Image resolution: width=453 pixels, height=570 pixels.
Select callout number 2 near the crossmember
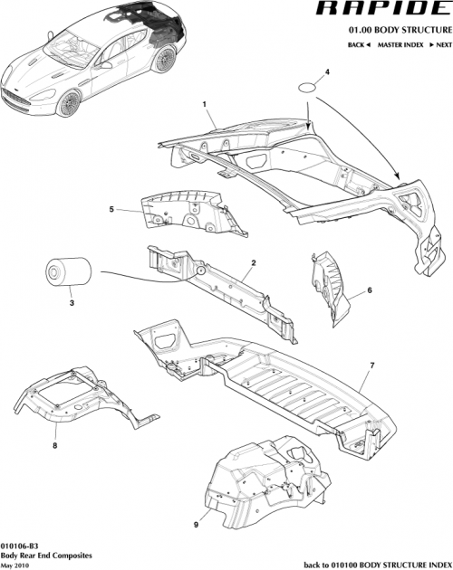[254, 262]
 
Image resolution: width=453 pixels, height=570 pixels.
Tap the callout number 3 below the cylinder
[71, 305]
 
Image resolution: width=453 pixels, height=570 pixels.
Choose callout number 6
[370, 291]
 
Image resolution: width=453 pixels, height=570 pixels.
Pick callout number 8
[54, 444]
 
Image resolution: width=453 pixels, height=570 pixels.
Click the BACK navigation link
[356, 44]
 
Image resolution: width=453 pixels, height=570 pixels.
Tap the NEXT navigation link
[440, 44]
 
